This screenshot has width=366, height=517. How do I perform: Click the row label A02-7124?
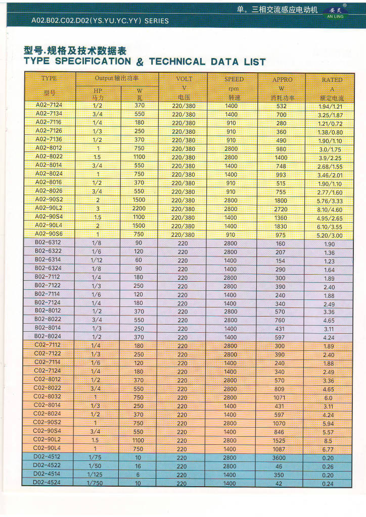click(x=49, y=106)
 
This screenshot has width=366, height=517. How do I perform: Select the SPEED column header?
click(x=234, y=79)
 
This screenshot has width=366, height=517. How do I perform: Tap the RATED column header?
click(x=332, y=80)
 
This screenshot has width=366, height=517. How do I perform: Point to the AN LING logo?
click(x=336, y=13)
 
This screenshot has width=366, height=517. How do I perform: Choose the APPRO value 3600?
click(x=280, y=458)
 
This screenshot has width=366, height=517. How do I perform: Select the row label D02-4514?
click(x=48, y=474)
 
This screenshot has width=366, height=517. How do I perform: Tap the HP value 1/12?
click(x=97, y=260)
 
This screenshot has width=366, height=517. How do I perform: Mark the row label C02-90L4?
click(x=47, y=448)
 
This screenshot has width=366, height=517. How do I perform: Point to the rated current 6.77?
click(x=329, y=449)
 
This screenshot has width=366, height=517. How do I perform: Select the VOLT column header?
click(x=184, y=79)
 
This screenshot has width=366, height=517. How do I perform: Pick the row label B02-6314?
click(x=48, y=260)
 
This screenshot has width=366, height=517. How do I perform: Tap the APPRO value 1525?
click(x=280, y=441)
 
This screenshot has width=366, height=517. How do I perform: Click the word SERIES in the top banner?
click(x=157, y=21)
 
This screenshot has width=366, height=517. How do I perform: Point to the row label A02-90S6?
click(x=49, y=234)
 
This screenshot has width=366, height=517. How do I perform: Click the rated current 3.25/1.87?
click(x=330, y=115)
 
